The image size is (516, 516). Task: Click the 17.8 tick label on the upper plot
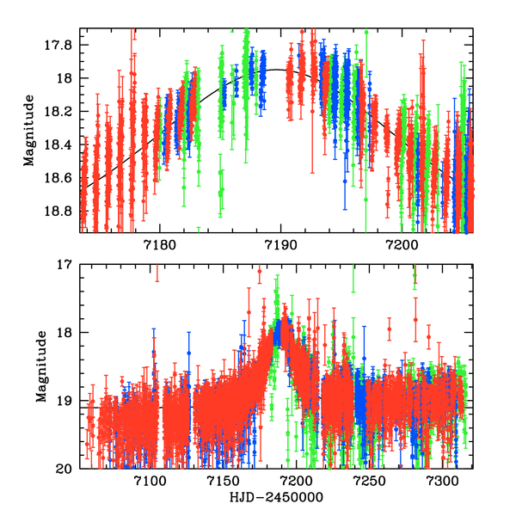click(x=63, y=44)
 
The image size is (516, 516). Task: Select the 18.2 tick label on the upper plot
click(x=63, y=112)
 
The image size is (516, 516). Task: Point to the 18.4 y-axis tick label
click(x=63, y=145)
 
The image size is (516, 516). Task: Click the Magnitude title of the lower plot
click(x=41, y=367)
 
